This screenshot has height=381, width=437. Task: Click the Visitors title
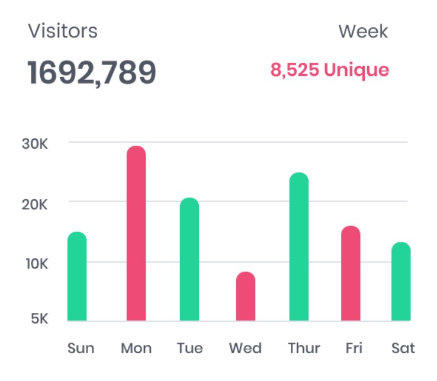tap(63, 31)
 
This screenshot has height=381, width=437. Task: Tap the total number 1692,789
tap(92, 72)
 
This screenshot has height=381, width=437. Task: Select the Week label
tap(363, 31)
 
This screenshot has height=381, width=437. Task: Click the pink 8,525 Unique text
tap(330, 71)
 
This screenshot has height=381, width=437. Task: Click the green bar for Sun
tap(77, 277)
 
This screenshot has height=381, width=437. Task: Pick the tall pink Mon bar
tap(136, 234)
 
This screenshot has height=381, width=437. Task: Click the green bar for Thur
tap(299, 247)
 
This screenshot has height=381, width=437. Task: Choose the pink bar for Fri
tap(351, 274)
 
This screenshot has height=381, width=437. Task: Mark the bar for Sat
tap(401, 282)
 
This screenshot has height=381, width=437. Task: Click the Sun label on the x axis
tap(81, 348)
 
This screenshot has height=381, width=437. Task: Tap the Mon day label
tap(136, 348)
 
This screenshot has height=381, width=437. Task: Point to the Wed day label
tap(245, 348)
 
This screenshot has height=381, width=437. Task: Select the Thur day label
tap(304, 348)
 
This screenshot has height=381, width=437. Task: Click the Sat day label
tap(403, 348)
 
